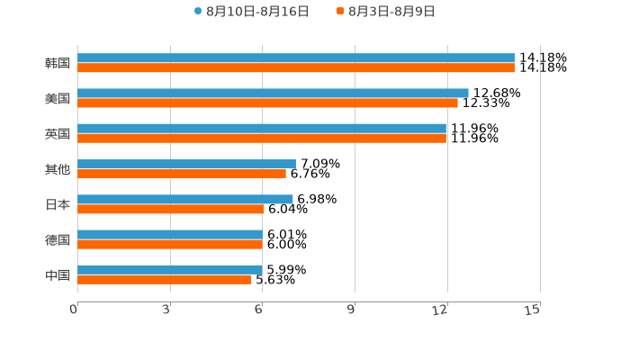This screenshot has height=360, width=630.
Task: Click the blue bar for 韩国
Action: tap(295, 58)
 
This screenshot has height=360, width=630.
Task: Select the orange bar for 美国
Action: tap(267, 103)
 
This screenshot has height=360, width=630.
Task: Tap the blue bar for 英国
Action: tap(261, 128)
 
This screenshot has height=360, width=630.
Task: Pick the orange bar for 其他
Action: tap(181, 174)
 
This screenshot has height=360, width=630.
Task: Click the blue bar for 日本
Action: tap(184, 199)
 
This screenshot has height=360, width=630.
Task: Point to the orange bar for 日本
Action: tap(170, 209)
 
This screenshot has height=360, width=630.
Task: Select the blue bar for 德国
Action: tap(169, 234)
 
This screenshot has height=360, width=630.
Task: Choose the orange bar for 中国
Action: tap(164, 280)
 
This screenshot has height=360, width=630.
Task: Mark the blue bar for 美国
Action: tap(273, 93)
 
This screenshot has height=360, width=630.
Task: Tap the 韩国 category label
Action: tap(58, 63)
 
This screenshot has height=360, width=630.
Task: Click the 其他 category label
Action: tap(58, 169)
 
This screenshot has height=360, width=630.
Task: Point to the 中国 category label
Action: tap(58, 274)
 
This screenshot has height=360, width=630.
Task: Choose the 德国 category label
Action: tap(58, 239)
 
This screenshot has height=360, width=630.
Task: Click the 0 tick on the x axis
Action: tap(74, 310)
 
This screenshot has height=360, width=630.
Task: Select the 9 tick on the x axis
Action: tap(351, 310)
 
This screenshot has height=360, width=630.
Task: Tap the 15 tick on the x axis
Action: tap(533, 310)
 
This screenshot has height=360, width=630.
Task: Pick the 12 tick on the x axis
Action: tap(440, 310)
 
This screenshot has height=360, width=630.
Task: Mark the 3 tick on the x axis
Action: tap(166, 310)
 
